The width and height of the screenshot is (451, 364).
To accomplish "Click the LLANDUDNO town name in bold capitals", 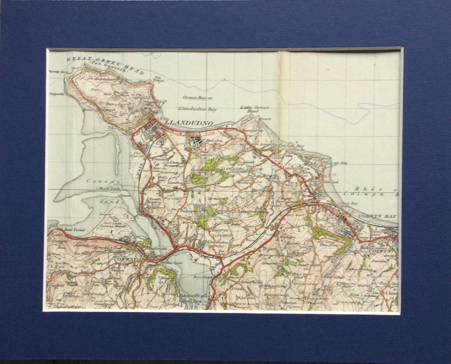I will point(189,123).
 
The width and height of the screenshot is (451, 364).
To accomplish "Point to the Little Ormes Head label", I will point(254,109).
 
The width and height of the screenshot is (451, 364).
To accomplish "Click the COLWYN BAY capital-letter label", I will point(378,216).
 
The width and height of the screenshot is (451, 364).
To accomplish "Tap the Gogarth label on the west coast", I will point(57,94).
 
